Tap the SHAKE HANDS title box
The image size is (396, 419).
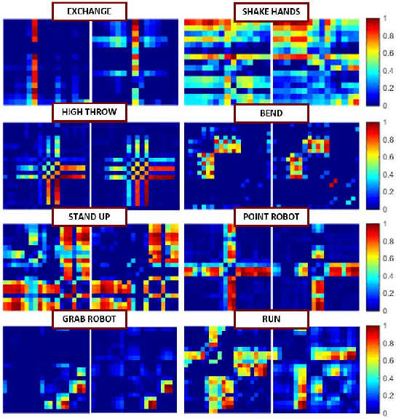click(271, 12)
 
